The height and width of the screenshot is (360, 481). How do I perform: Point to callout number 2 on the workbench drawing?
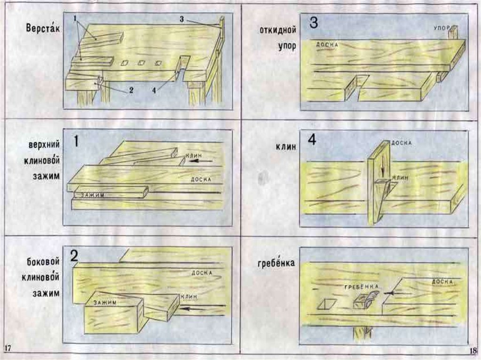pos(132,92)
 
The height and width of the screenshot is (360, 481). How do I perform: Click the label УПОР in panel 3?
pos(442,28)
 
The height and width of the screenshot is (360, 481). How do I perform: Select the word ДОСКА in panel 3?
pos(327,45)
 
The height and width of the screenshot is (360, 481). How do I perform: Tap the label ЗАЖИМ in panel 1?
pos(92,195)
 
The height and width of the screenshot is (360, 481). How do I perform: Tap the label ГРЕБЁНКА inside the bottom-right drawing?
pos(361,286)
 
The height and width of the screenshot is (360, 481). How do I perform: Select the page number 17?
pos(8,348)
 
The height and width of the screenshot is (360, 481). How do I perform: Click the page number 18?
pos(472,351)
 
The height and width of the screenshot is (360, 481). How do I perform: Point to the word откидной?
pos(277,31)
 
